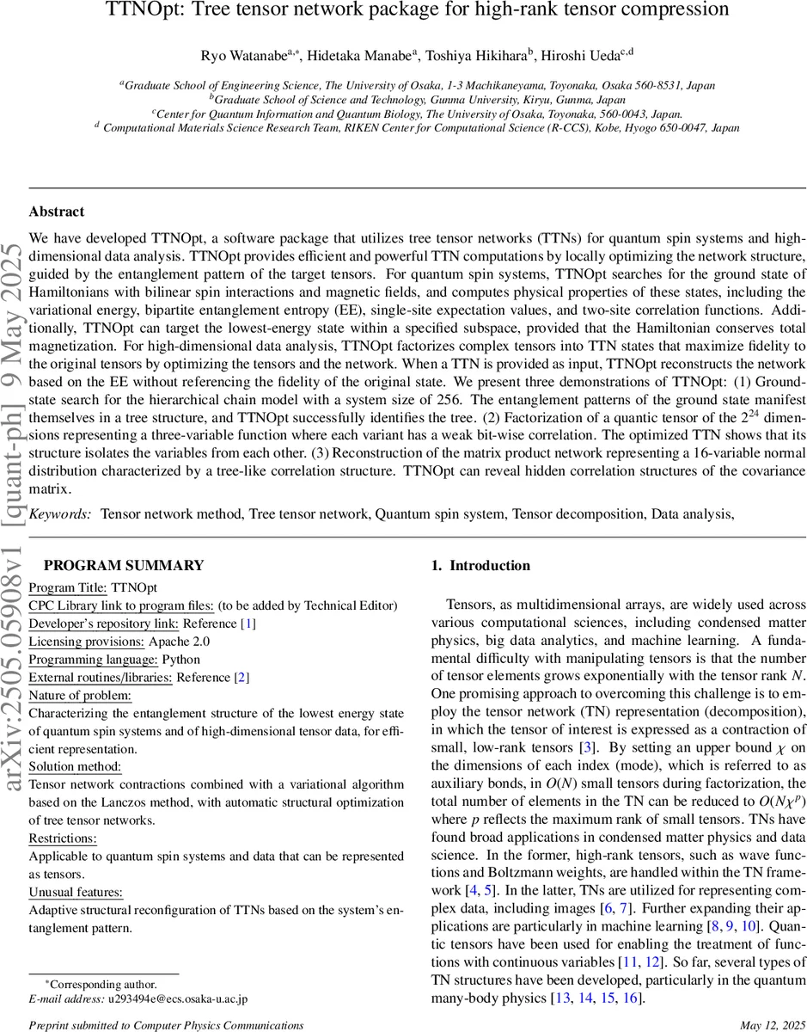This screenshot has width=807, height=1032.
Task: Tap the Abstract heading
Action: click(57, 212)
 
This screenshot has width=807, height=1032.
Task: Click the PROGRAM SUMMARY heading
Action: click(124, 565)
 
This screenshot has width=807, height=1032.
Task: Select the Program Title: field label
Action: click(68, 587)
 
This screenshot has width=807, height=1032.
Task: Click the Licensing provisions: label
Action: click(87, 641)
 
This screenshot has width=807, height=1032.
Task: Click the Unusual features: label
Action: click(76, 892)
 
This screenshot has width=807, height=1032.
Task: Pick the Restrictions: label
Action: click(63, 838)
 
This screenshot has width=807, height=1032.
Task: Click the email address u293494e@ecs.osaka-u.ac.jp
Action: click(177, 999)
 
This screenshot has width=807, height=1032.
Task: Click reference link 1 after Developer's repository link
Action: click(248, 623)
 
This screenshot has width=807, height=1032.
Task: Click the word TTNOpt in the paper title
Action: click(140, 10)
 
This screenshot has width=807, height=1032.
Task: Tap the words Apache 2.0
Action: click(180, 641)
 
